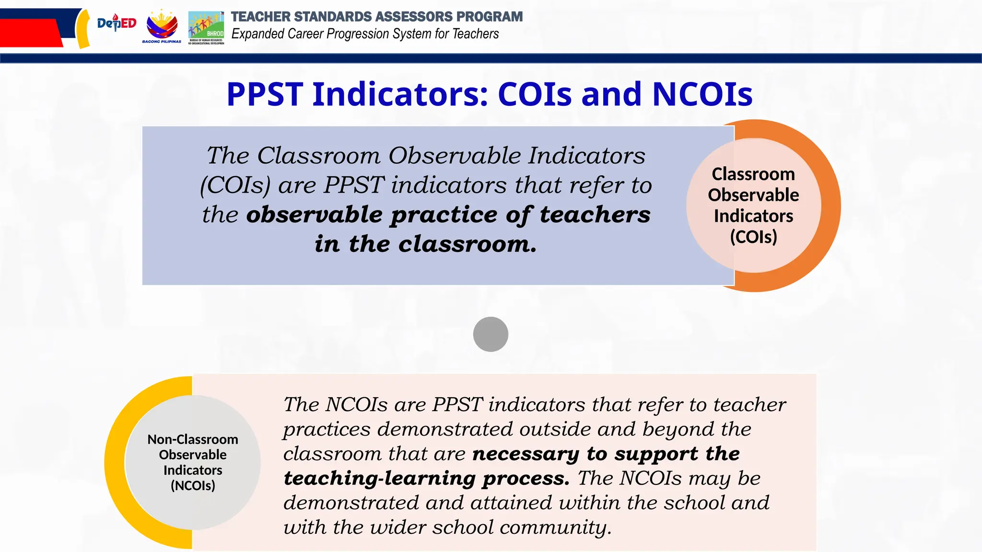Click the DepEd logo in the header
(117, 23)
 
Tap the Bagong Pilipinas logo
(162, 26)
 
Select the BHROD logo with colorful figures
(206, 27)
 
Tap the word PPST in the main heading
(265, 94)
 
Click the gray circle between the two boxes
(491, 334)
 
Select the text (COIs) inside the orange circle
(753, 237)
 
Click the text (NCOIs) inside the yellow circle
(193, 486)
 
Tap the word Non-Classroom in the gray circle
(193, 439)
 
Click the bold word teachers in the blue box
(595, 214)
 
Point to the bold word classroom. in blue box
(467, 244)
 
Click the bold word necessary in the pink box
(526, 454)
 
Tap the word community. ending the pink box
(555, 528)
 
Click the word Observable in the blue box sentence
(454, 156)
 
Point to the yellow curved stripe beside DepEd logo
(83, 29)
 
